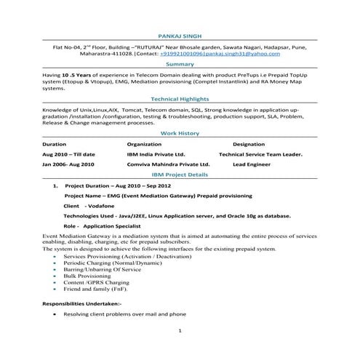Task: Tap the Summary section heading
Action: tap(179, 65)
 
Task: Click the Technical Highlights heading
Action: tap(179, 99)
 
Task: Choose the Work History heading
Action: tap(179, 133)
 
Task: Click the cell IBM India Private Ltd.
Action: tap(156, 155)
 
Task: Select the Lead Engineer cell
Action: tap(252, 165)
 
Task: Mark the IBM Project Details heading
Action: tap(179, 175)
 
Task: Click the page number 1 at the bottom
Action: tap(180, 332)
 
